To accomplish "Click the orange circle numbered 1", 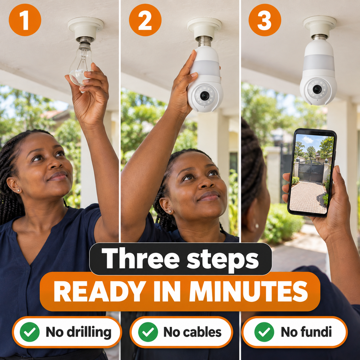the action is pyautogui.click(x=25, y=20).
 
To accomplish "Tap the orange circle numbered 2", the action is pyautogui.click(x=145, y=20).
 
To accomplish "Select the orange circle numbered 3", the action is pyautogui.click(x=265, y=20).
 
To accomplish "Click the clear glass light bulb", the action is pyautogui.click(x=81, y=64).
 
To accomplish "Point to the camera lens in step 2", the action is pyautogui.click(x=204, y=96).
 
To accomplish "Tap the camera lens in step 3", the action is pyautogui.click(x=317, y=89).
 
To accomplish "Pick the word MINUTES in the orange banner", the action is pyautogui.click(x=249, y=291).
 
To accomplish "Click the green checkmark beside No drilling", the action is pyautogui.click(x=30, y=332).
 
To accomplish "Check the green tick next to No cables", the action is pyautogui.click(x=148, y=332).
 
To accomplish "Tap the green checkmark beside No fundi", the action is pyautogui.click(x=264, y=332).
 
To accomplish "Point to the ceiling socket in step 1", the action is pyautogui.click(x=85, y=27).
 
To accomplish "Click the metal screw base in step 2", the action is pyautogui.click(x=205, y=41).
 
